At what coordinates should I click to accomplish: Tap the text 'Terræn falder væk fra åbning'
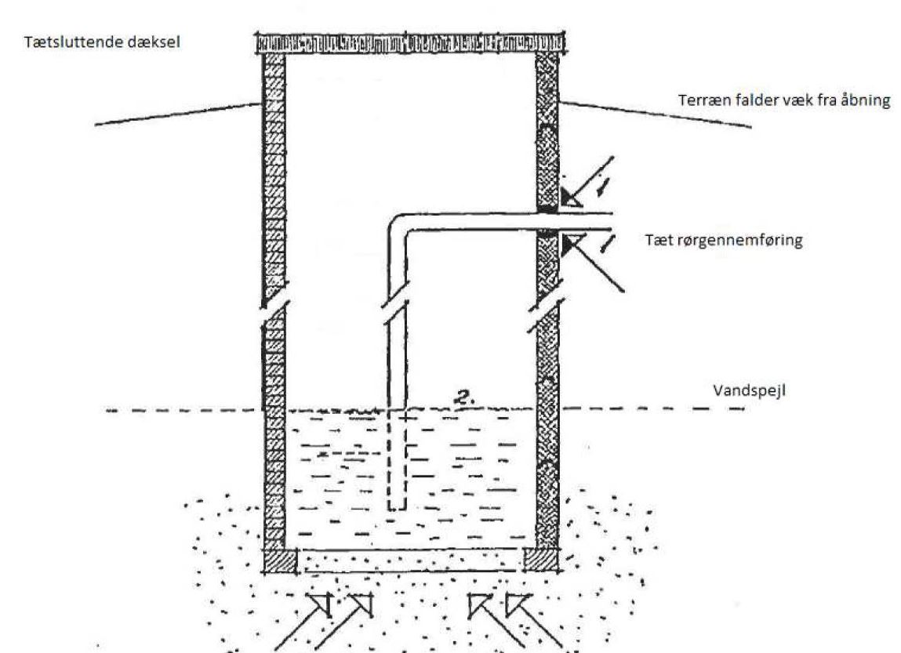pos(783,101)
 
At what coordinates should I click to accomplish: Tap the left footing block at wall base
pos(281,560)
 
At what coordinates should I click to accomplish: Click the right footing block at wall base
pos(540,560)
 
